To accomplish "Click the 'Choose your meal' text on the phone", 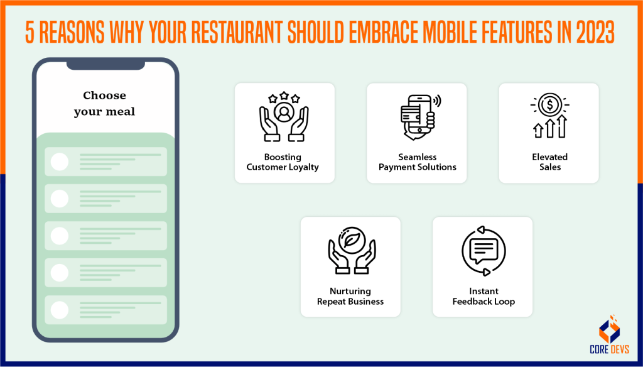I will [104, 104].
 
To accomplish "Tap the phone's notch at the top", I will [105, 65].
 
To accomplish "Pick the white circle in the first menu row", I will [60, 162].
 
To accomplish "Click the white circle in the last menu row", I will [60, 310].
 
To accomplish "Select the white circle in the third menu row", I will [60, 236].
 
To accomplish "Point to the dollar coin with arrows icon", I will [549, 117].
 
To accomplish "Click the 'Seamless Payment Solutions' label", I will [418, 162].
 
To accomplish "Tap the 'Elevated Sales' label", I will [549, 162].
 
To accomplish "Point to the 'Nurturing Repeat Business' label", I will [350, 296].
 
